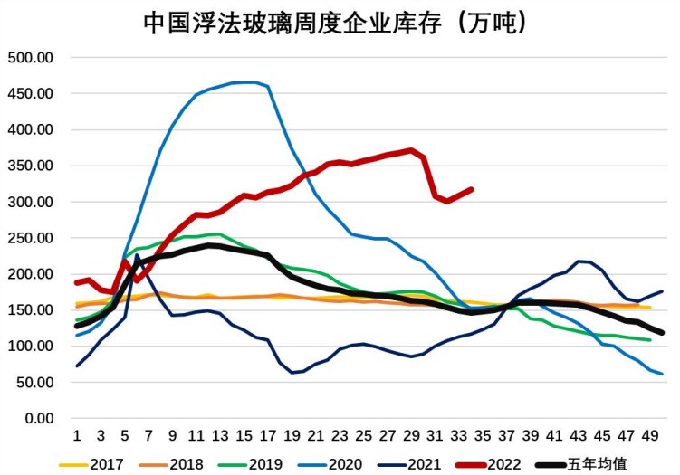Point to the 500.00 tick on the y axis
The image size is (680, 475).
tap(31, 58)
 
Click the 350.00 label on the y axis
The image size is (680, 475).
tap(31, 166)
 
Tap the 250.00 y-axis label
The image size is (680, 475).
tap(31, 238)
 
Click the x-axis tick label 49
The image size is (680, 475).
tap(650, 435)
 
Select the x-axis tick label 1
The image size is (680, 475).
tap(77, 435)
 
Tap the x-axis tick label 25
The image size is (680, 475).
tap(364, 435)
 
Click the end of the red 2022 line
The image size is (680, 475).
tap(471, 189)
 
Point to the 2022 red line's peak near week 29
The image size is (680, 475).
tap(411, 150)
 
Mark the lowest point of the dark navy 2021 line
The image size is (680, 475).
tap(292, 372)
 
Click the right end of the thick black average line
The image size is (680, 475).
tap(662, 333)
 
